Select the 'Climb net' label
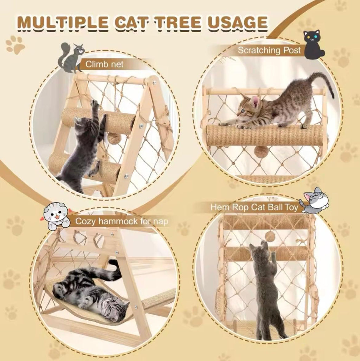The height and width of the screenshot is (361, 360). [105, 64]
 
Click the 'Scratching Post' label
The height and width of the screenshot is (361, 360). [269, 50]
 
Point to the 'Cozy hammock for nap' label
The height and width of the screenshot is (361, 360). [122, 221]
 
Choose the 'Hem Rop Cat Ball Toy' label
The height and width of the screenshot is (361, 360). [254, 207]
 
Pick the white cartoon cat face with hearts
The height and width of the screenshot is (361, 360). [56, 215]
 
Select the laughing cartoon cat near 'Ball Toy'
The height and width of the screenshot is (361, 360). [315, 201]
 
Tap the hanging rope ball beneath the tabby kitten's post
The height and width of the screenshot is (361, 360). [261, 152]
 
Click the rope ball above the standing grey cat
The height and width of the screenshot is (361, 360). [270, 236]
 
